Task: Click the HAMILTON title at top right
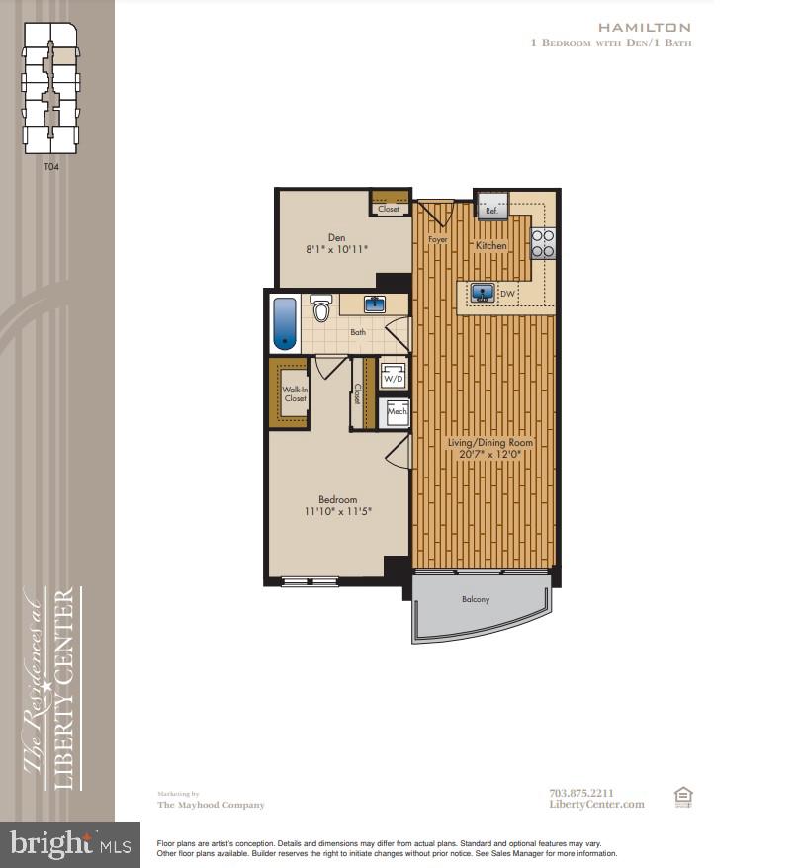[658, 28]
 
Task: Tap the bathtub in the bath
[285, 323]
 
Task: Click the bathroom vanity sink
[375, 304]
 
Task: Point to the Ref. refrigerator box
[491, 208]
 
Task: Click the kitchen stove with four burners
[543, 243]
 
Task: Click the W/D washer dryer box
[393, 377]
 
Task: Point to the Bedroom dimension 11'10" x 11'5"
[337, 511]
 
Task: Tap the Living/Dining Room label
[489, 442]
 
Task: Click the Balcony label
[475, 599]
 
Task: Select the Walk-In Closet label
[295, 393]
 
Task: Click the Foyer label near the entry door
[437, 239]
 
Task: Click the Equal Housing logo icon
[682, 797]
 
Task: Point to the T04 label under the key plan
[51, 167]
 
